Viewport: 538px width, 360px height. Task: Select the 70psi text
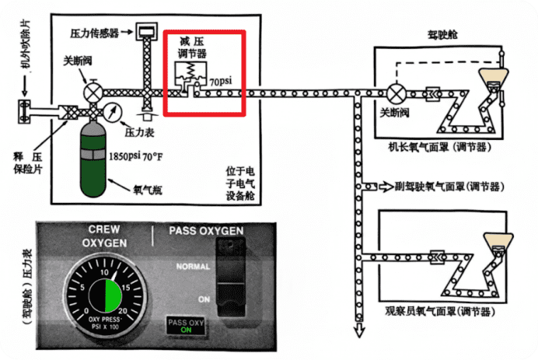(221, 79)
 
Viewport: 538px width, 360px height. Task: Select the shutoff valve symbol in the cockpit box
(397, 92)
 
